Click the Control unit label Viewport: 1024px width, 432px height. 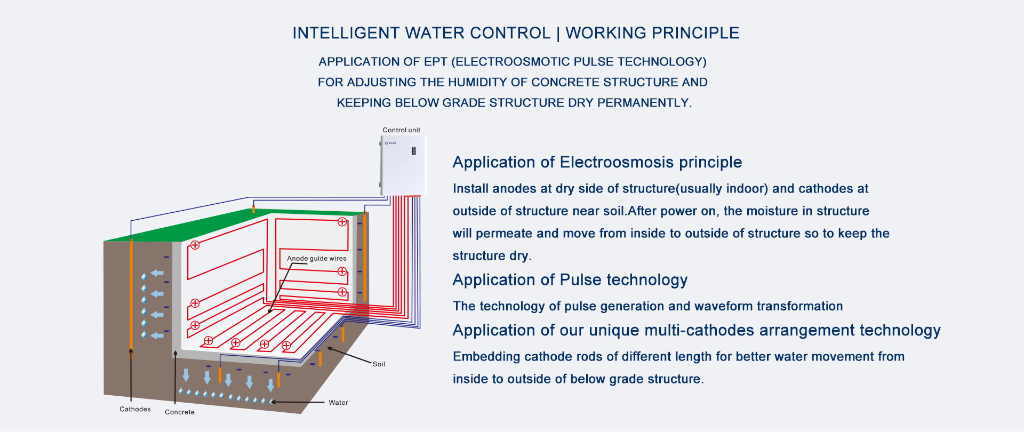click(401, 130)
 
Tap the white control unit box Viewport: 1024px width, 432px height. click(403, 165)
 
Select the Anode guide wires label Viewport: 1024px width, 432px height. click(317, 259)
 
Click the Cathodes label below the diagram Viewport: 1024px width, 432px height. click(135, 409)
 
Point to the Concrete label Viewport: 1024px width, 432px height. click(180, 412)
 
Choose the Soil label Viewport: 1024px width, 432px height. click(379, 364)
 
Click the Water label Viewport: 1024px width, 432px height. click(338, 403)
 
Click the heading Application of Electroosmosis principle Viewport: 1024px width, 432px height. click(597, 162)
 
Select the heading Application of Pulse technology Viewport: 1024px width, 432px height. click(570, 280)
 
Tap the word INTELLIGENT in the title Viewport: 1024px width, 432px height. click(346, 33)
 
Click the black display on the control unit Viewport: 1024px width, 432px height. click(413, 151)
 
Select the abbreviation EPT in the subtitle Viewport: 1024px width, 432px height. click(436, 62)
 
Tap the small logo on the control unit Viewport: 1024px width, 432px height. click(390, 143)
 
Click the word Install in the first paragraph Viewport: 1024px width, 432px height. click(471, 189)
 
